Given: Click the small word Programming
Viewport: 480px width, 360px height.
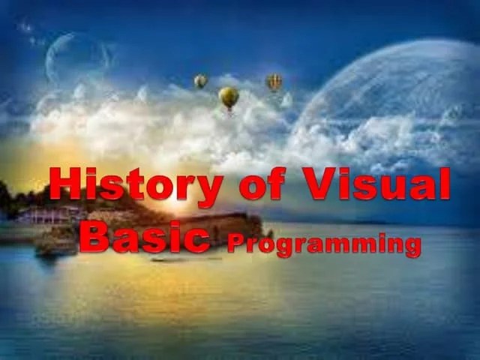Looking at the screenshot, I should coord(323,244).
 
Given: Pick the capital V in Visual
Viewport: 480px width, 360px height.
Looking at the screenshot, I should coord(318,184).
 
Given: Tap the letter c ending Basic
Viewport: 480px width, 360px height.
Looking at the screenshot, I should coord(196,238).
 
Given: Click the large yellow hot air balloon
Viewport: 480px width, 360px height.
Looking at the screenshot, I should coord(229,95).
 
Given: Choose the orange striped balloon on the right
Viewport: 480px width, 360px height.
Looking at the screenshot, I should coord(274,81).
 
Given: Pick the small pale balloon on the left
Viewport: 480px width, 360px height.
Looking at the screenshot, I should coord(200,80).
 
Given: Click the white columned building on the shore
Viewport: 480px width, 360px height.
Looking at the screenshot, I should coord(45,216).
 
